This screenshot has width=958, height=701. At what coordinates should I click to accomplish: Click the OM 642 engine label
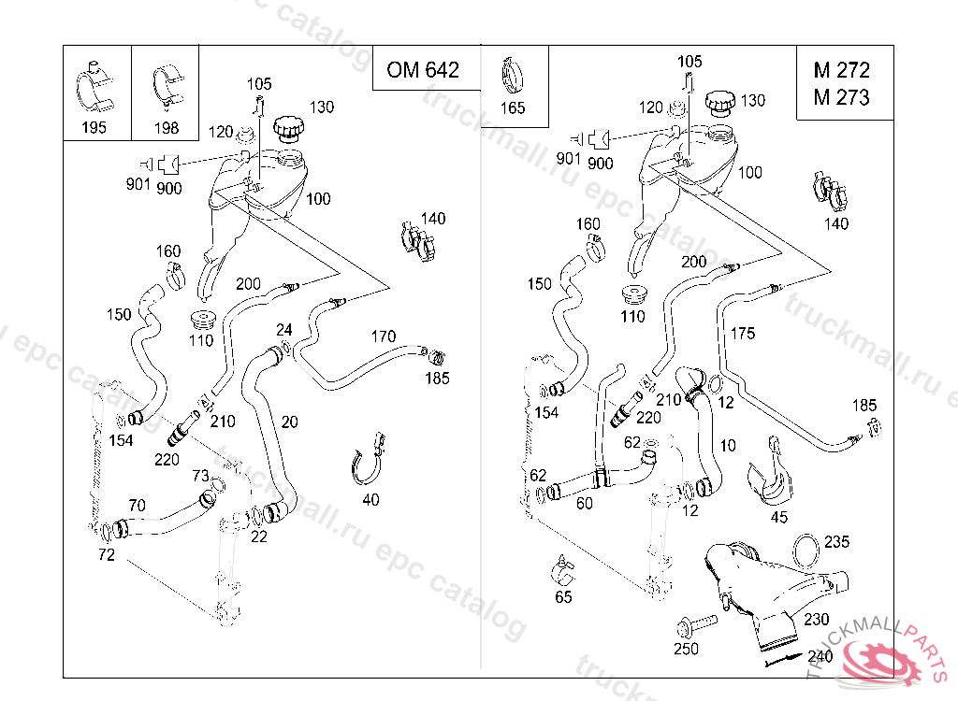pyautogui.click(x=423, y=70)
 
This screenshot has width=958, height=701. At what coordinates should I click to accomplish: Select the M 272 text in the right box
pyautogui.click(x=841, y=70)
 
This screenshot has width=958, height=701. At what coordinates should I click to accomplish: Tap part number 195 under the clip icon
pyautogui.click(x=94, y=128)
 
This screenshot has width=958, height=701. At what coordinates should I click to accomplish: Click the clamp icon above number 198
pyautogui.click(x=166, y=87)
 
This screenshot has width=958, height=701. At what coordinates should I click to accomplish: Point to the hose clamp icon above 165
pyautogui.click(x=513, y=71)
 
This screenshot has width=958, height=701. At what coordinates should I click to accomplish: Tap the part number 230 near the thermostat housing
pyautogui.click(x=816, y=619)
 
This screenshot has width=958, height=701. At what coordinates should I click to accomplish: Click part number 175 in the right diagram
pyautogui.click(x=742, y=333)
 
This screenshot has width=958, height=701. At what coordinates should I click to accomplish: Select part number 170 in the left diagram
pyautogui.click(x=384, y=336)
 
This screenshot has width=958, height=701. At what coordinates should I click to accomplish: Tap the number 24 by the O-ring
pyautogui.click(x=284, y=329)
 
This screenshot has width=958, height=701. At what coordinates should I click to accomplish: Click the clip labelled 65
pyautogui.click(x=562, y=566)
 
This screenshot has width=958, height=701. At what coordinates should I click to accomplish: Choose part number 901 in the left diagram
pyautogui.click(x=138, y=184)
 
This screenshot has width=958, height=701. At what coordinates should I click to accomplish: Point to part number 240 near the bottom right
pyautogui.click(x=820, y=656)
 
